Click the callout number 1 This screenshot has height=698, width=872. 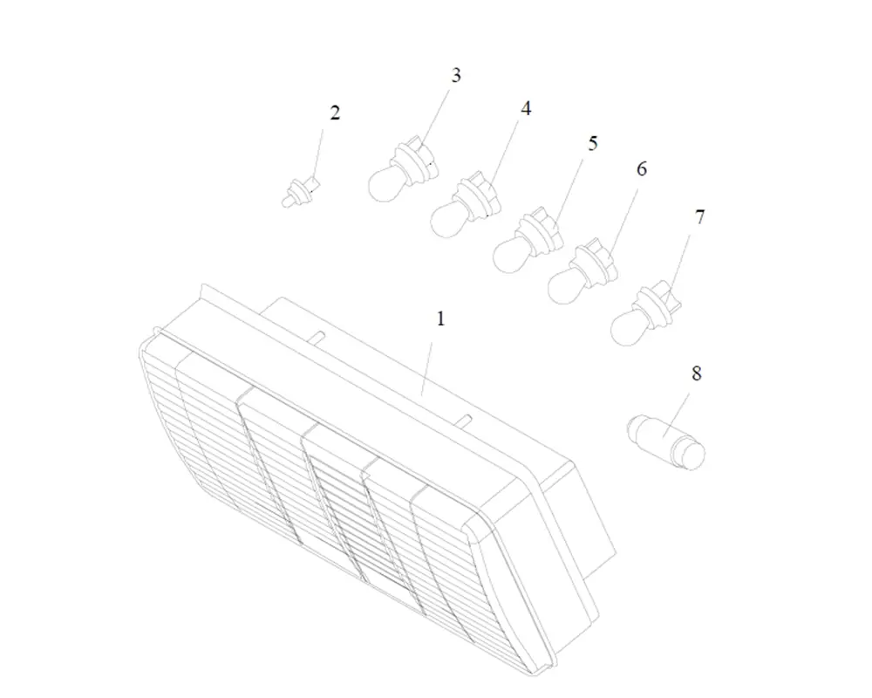click(x=441, y=319)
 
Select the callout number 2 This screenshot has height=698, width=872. click(x=335, y=113)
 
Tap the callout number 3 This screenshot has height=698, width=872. click(x=456, y=75)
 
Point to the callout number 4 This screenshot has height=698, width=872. click(x=526, y=108)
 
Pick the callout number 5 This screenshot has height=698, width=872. click(x=593, y=143)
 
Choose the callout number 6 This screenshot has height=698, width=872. click(x=642, y=168)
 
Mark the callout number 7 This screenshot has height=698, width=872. click(x=700, y=216)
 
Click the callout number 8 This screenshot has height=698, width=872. click(x=697, y=373)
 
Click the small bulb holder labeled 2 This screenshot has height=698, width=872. click(x=301, y=191)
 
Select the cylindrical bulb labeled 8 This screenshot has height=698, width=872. click(x=665, y=442)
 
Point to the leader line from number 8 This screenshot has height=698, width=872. click(x=677, y=414)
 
